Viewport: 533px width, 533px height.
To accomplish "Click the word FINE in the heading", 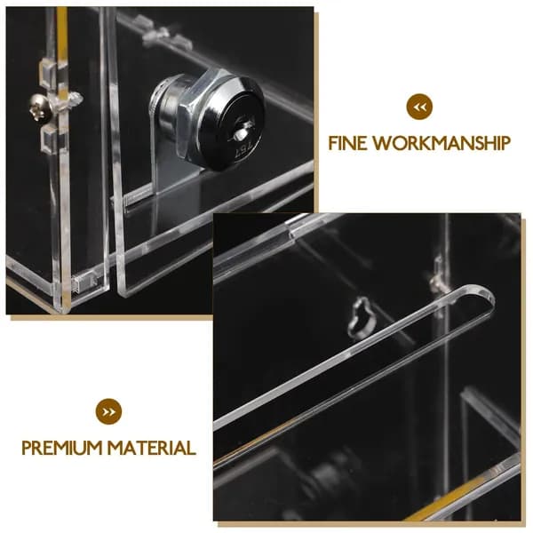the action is tap(347, 143).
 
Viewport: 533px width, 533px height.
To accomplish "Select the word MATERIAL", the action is tap(152, 448).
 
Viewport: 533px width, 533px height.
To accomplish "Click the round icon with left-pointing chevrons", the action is tap(419, 107).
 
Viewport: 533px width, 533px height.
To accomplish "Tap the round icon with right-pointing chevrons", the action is tap(108, 412).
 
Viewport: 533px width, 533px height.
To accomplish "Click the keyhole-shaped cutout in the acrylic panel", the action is tap(362, 318).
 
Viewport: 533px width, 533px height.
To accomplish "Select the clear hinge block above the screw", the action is tap(51, 74).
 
